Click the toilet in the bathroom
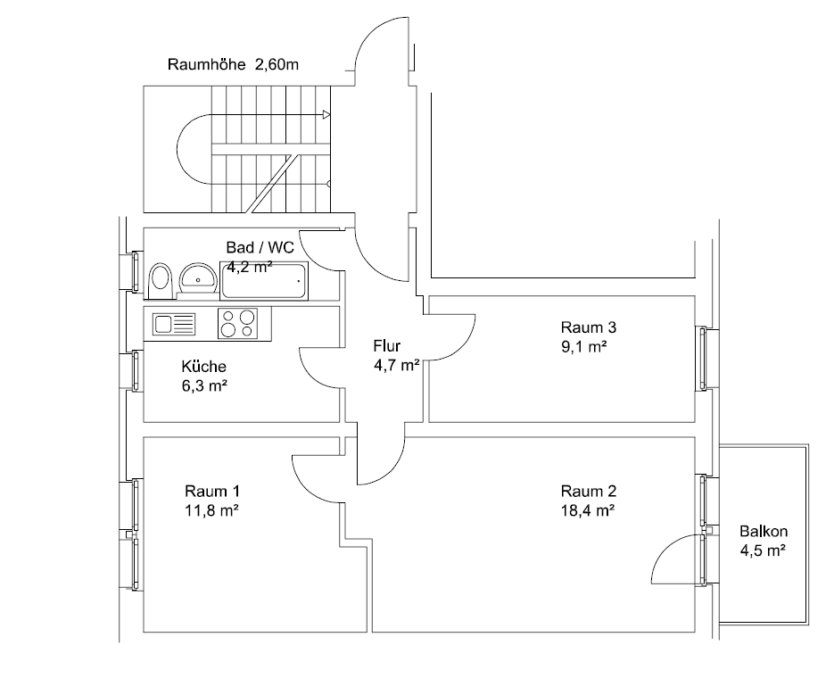161,278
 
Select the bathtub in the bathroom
264,280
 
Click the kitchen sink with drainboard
174,324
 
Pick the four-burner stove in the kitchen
237,323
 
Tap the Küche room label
203,367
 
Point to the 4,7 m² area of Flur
397,364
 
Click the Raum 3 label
588,327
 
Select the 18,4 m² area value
589,511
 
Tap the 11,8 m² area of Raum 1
212,511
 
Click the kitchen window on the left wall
136,370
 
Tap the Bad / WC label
260,248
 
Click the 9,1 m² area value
584,346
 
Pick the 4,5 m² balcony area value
762,550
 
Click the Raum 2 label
588,492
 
